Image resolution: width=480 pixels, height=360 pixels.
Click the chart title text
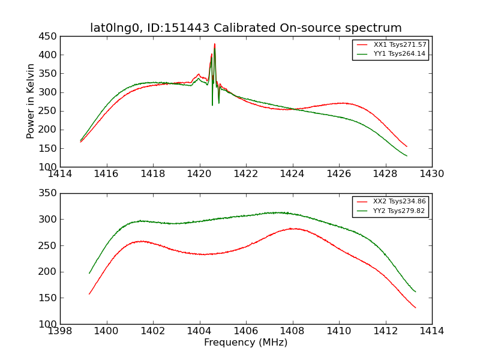click(x=246, y=28)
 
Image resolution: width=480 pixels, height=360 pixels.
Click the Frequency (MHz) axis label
click(x=246, y=343)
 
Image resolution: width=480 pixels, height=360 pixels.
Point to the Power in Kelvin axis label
click(x=31, y=101)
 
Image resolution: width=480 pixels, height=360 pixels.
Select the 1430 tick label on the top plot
click(x=431, y=174)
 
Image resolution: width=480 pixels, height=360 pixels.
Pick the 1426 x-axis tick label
click(x=339, y=174)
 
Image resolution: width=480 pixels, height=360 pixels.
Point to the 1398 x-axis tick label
click(x=60, y=331)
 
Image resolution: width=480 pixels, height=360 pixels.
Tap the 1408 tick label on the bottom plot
click(x=292, y=331)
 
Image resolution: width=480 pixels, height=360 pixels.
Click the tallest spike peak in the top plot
click(x=214, y=44)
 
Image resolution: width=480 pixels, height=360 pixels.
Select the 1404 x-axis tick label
click(x=199, y=331)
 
